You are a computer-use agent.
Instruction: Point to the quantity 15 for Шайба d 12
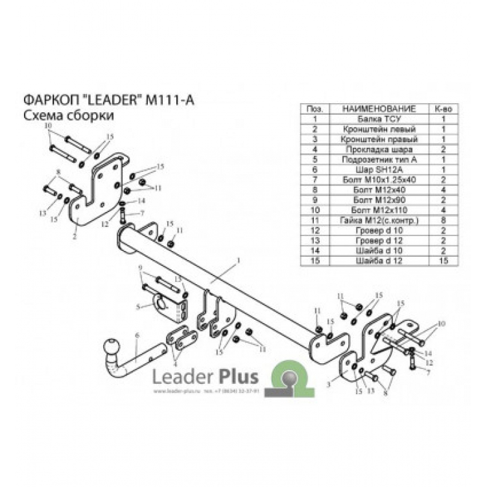444,261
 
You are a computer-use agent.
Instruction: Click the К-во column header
444,110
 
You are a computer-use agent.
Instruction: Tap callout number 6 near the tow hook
137,335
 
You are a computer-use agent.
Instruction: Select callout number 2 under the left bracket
75,237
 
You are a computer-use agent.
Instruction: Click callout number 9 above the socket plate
139,268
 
